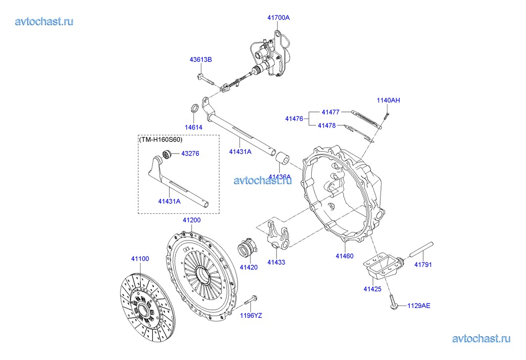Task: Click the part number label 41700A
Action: coord(278,18)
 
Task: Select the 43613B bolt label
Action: coord(200,59)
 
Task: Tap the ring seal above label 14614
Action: coord(195,109)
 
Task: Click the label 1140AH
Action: coord(388,101)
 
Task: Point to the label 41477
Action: coord(330,112)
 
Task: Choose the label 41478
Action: coord(327,126)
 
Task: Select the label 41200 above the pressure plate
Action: coord(191,220)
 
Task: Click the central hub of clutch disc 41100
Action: coord(143,309)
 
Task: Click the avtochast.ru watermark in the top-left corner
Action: coord(44,21)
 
